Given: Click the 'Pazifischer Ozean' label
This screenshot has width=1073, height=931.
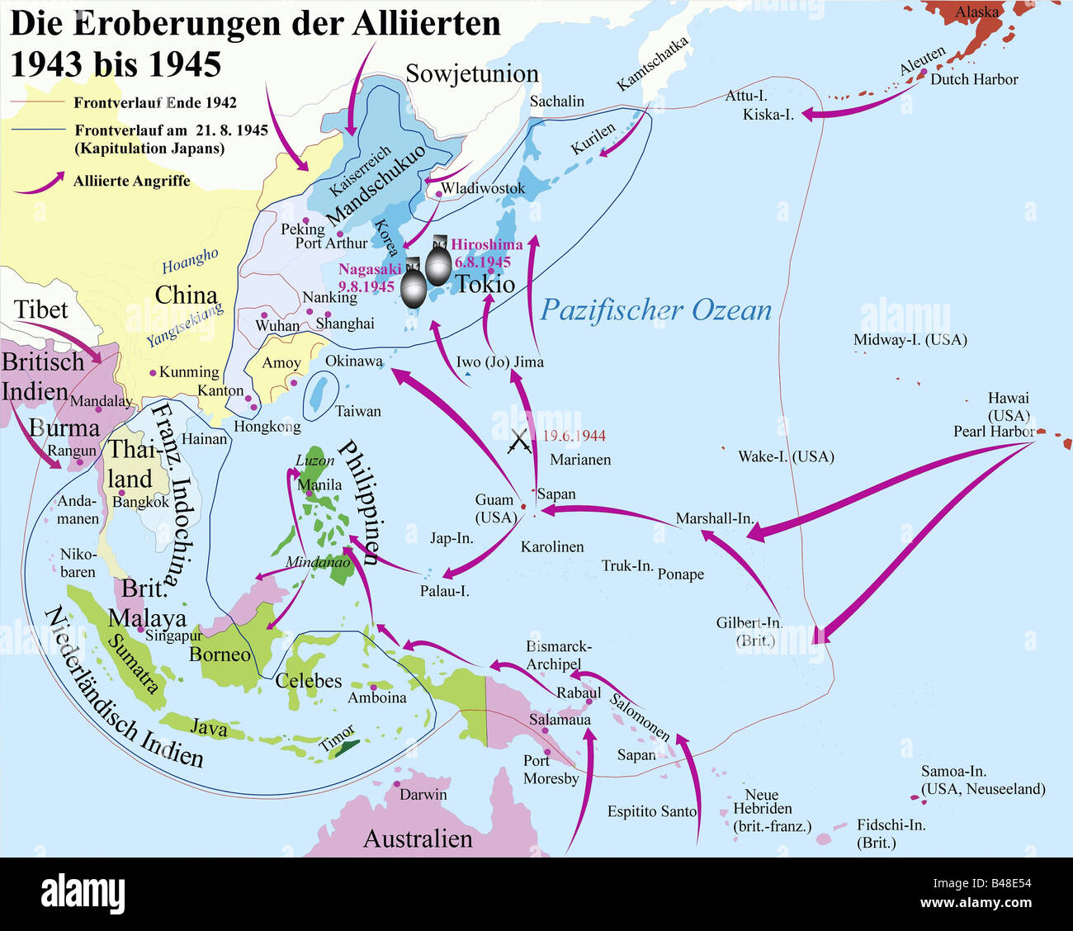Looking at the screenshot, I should click(655, 310).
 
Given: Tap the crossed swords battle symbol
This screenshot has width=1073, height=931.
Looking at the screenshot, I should click(520, 442).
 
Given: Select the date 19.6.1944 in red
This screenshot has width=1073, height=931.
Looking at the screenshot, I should click(574, 436).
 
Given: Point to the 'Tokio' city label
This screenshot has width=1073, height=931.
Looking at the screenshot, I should click(485, 285).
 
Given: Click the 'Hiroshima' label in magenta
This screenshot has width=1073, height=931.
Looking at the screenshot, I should click(487, 245).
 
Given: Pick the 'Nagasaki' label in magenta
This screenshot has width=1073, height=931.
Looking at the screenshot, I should click(370, 269).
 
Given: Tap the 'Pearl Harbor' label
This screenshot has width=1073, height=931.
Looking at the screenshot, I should click(994, 432).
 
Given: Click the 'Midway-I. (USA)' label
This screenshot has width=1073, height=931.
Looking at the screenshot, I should click(910, 340).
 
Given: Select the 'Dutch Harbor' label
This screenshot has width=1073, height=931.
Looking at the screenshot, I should click(974, 80).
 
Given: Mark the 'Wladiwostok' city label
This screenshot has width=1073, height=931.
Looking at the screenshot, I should click(483, 189).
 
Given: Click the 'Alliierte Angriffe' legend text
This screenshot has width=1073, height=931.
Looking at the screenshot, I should click(131, 181).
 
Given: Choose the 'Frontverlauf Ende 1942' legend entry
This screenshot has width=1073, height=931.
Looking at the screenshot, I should click(154, 103).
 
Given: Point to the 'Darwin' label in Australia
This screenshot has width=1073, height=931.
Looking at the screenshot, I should click(423, 795).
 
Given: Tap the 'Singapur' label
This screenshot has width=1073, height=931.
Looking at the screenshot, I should click(173, 636).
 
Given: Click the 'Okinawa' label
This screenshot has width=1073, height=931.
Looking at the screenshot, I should click(353, 362).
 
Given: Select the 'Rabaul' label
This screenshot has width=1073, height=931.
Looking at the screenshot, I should click(578, 692).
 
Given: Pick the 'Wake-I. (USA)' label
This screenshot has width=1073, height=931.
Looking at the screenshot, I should click(785, 456).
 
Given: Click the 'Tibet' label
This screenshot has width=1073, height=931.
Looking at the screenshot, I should click(40, 310).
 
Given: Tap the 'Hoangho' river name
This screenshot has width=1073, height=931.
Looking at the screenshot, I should click(190, 261).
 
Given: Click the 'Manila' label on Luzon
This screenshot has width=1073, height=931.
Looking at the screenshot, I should click(319, 484).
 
